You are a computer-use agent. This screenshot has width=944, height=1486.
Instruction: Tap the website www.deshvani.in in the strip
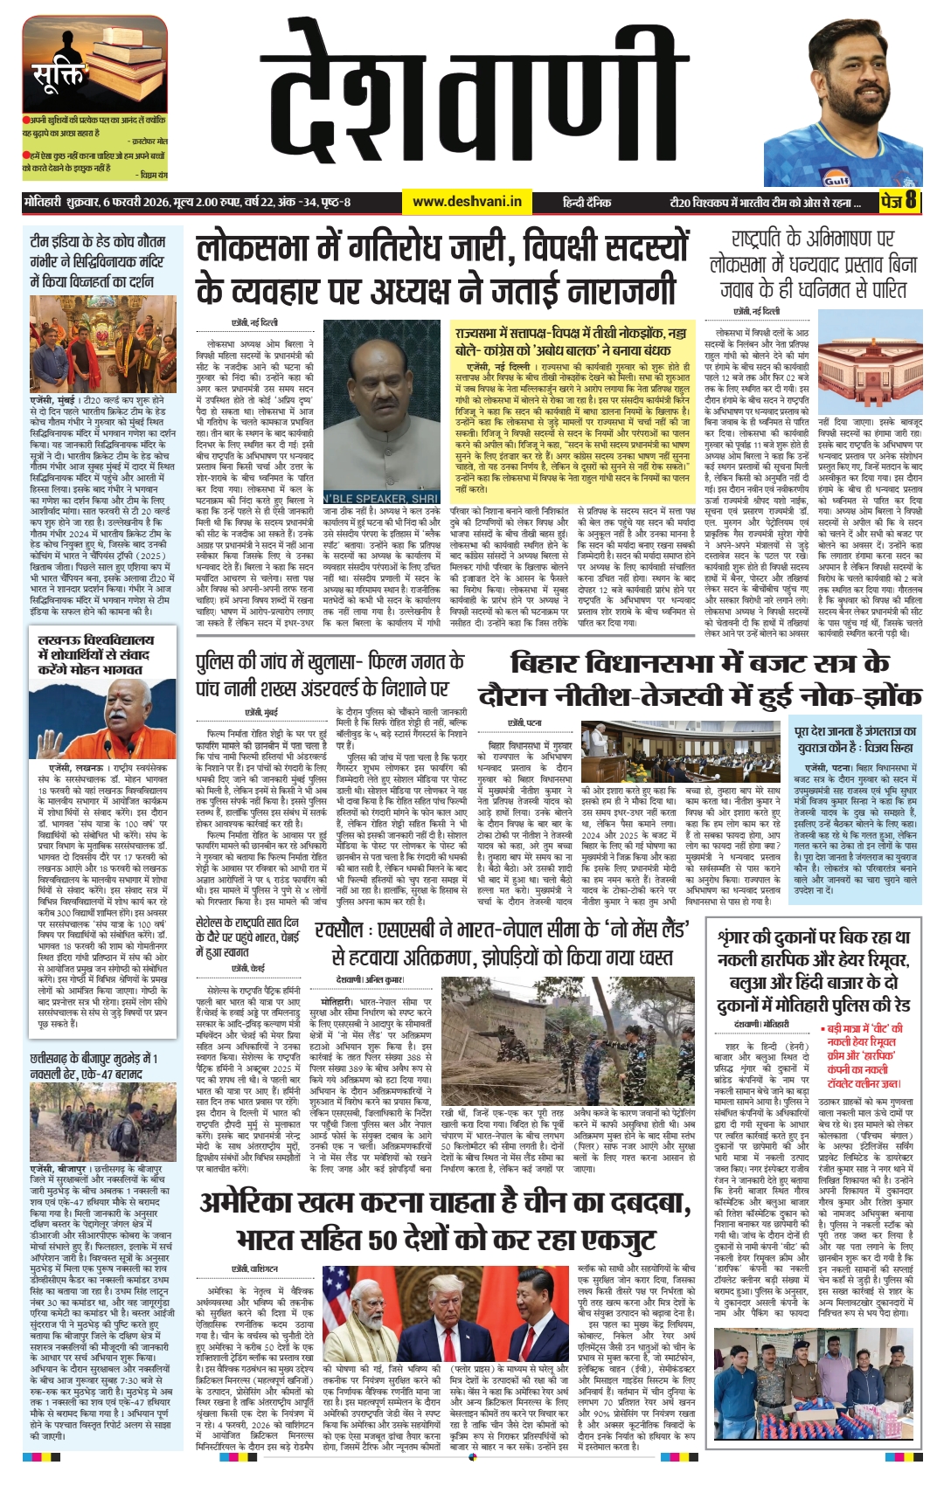tap(467, 202)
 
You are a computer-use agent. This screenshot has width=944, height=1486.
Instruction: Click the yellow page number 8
tap(911, 201)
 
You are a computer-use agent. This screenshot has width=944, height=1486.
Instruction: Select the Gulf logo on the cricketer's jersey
tap(836, 181)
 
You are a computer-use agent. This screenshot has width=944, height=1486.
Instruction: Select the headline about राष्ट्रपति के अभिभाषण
tap(812, 264)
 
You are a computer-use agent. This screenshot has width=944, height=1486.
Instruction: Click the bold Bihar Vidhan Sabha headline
tap(699, 679)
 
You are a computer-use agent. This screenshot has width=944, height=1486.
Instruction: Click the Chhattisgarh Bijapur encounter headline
tap(94, 1066)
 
